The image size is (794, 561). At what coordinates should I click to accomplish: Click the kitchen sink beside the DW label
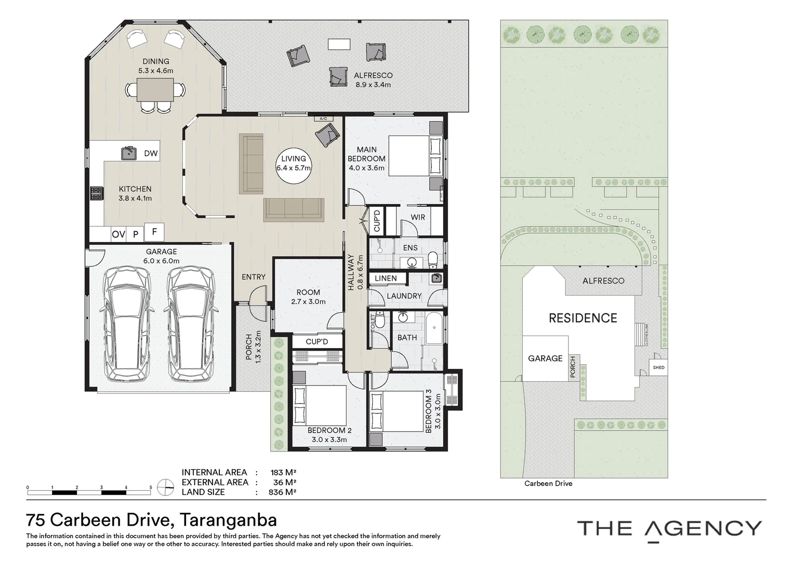[129, 153]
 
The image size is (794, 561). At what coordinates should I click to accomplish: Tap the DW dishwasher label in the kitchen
[151, 153]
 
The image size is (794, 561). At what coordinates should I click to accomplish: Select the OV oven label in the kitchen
[118, 234]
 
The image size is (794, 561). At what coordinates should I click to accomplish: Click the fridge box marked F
[154, 232]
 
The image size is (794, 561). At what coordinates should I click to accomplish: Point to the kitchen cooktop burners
[97, 194]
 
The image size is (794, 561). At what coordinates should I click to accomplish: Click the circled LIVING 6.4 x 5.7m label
[294, 166]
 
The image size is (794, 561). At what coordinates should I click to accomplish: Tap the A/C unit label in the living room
[323, 119]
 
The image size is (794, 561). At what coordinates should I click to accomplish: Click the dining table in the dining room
[155, 90]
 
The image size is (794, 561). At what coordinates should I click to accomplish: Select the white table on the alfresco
[339, 44]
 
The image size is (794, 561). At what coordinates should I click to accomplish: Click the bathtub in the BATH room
[434, 328]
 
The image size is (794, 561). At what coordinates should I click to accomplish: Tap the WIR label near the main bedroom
[418, 217]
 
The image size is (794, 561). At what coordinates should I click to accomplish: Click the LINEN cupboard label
[386, 278]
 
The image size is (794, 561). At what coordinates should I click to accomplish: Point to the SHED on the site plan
[658, 367]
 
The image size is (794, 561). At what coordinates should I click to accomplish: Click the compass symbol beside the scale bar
[166, 487]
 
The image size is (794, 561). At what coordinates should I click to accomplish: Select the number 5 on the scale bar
[151, 487]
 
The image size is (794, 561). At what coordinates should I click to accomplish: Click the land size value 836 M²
[283, 492]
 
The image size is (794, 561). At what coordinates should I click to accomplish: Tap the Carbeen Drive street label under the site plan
[548, 484]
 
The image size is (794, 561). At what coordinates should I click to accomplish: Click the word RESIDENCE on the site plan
[583, 318]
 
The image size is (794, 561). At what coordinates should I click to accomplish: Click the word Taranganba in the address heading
[228, 520]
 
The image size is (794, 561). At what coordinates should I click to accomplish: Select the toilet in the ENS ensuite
[433, 260]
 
